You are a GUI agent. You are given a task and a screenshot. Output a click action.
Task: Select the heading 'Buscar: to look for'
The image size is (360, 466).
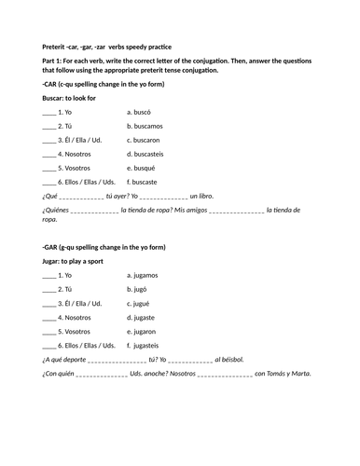(76, 98)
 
